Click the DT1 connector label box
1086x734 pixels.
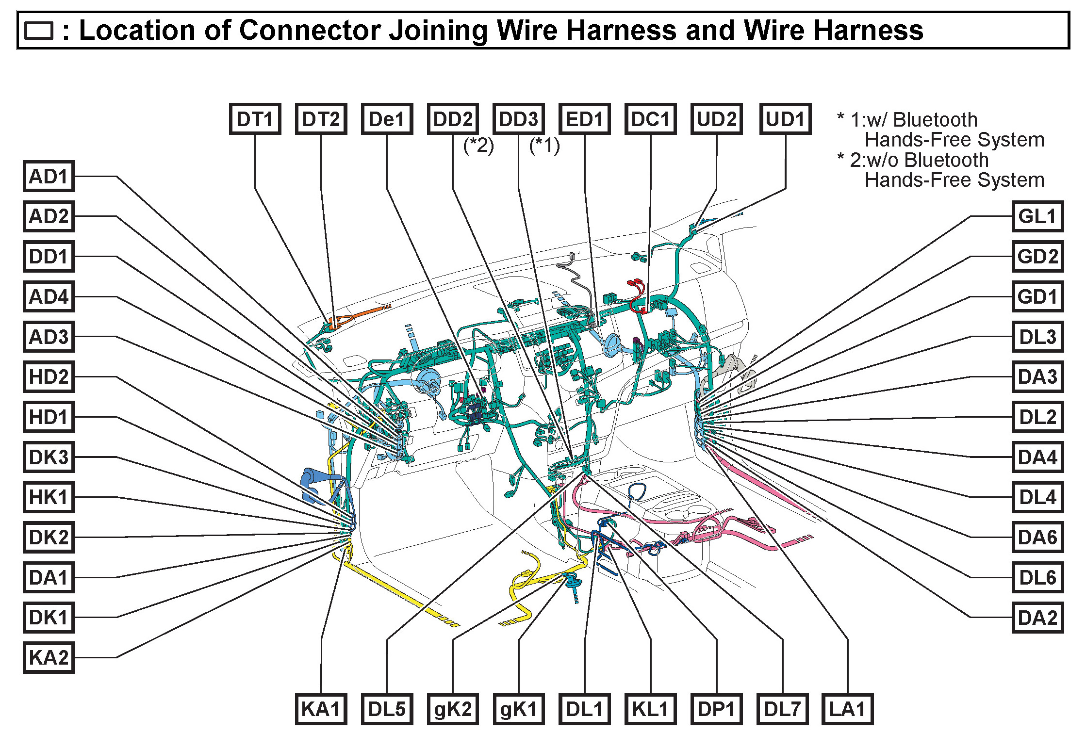(255, 119)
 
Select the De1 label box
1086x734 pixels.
(387, 119)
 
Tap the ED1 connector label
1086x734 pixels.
(584, 119)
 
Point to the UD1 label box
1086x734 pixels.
(785, 119)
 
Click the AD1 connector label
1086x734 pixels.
(49, 176)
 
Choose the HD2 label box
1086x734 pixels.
(49, 376)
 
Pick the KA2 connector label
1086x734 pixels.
(49, 657)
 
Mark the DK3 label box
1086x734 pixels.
(49, 457)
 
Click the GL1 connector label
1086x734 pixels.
(1037, 216)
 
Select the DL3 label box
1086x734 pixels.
(1037, 337)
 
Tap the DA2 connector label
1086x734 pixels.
(1037, 618)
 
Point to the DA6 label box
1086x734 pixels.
(1037, 537)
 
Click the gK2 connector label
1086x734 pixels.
(453, 709)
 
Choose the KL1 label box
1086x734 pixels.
(650, 709)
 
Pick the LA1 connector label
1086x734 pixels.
(847, 709)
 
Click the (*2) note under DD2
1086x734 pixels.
(478, 145)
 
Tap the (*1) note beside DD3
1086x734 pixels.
(544, 145)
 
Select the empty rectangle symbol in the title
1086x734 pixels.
(38, 31)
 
